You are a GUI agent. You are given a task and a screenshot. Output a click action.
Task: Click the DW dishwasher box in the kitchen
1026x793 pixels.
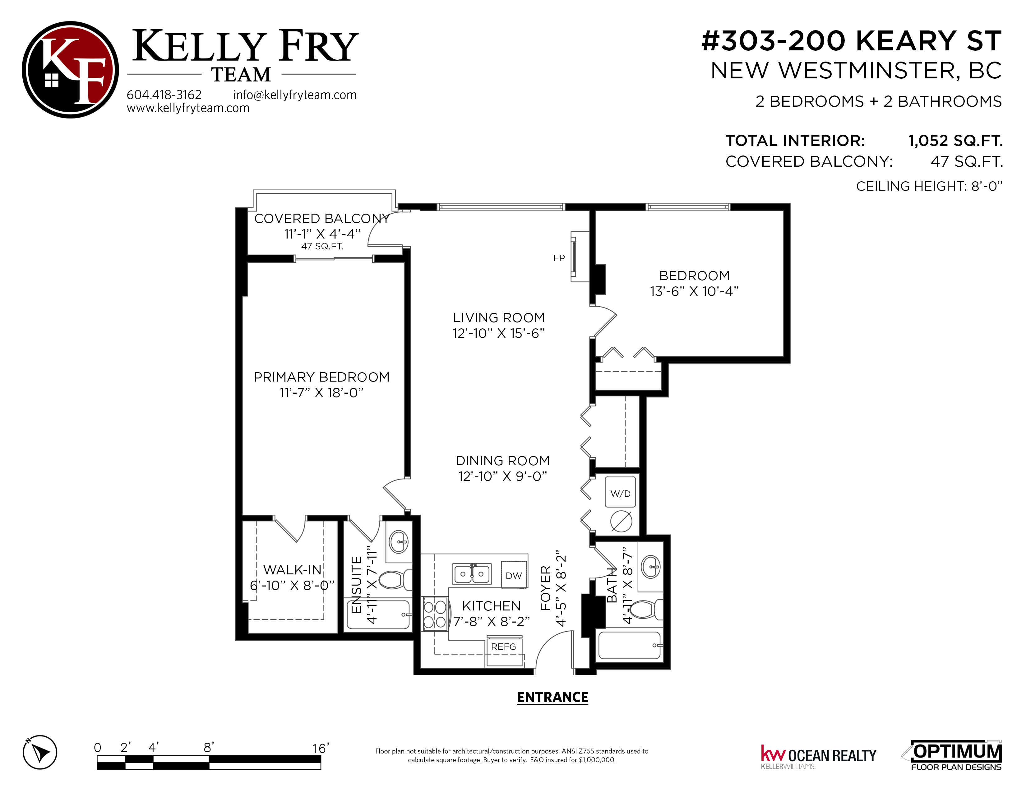(514, 576)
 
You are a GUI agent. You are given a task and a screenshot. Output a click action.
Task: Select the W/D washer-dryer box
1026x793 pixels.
(621, 492)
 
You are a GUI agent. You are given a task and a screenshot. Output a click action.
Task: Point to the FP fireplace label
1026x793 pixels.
(559, 258)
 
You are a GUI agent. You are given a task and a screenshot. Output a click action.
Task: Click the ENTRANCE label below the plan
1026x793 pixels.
(552, 697)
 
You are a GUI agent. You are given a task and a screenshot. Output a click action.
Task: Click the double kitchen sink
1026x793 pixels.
(472, 574)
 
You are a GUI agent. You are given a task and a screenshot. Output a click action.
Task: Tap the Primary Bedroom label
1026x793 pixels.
(322, 377)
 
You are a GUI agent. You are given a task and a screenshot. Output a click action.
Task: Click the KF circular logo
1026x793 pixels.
(71, 70)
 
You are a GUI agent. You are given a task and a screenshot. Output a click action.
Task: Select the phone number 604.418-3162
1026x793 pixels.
(164, 95)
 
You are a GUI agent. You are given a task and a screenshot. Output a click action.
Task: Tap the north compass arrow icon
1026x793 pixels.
(40, 752)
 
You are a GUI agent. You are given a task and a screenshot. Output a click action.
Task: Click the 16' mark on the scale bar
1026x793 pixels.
(321, 748)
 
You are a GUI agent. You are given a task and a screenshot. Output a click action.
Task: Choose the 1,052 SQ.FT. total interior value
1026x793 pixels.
(955, 141)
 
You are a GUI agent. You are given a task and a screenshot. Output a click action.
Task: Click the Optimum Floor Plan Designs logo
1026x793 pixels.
(951, 755)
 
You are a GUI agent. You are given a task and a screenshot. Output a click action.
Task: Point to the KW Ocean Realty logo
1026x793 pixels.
(818, 757)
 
